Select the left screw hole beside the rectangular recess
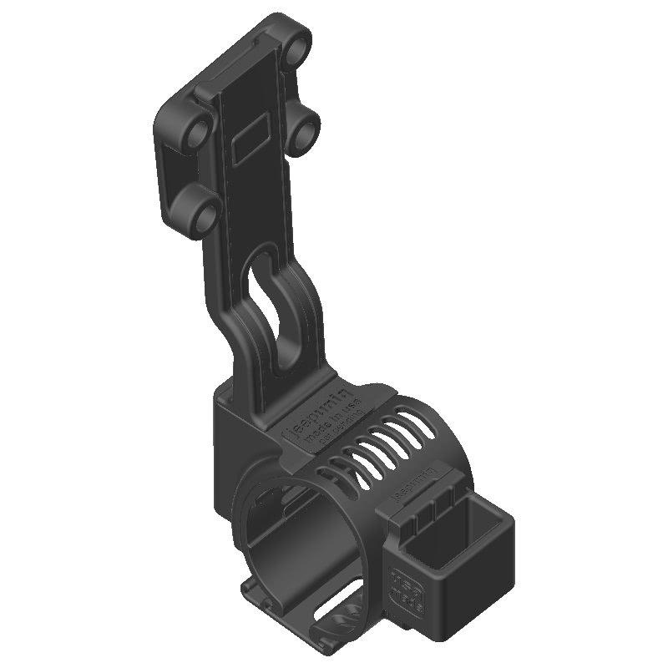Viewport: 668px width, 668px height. click(x=199, y=134)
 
